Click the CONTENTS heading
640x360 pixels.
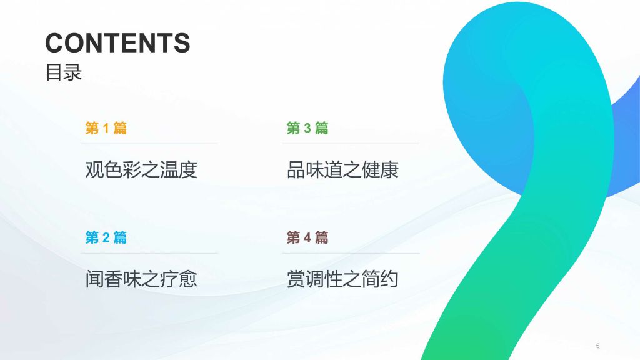tap(117, 43)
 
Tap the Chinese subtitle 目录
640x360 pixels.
tap(63, 72)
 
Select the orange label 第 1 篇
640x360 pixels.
tap(106, 128)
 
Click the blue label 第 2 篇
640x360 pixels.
tap(106, 237)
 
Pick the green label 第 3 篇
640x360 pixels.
tap(307, 128)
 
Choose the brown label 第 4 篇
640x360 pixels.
tap(307, 237)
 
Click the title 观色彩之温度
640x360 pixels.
tap(141, 170)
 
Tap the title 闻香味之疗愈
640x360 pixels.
tap(141, 279)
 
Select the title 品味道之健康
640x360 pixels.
tap(342, 170)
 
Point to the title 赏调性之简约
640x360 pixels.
tap(342, 279)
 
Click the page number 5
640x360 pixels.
tap(597, 346)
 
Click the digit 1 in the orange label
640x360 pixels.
tap(106, 128)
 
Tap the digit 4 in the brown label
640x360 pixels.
tap(307, 237)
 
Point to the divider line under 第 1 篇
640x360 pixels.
tap(149, 144)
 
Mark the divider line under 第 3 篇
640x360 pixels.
tap(351, 144)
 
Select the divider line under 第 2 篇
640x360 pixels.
tap(149, 253)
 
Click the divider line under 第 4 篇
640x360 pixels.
tap(351, 253)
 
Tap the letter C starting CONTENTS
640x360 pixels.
tap(55, 43)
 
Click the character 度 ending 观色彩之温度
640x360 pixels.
tap(189, 170)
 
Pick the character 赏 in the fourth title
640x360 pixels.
tap(296, 279)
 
